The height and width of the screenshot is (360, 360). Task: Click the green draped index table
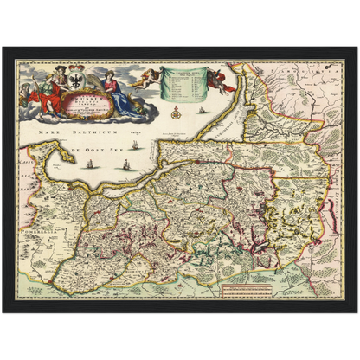[178, 85]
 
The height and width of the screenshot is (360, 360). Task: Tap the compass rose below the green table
[176, 112]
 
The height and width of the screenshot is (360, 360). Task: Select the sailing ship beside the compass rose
[201, 110]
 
